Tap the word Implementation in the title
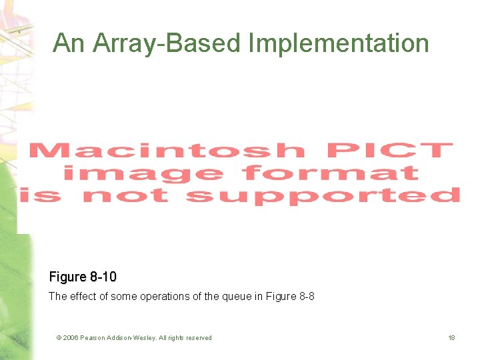click(339, 43)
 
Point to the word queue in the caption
click(234, 296)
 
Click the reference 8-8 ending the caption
click(305, 296)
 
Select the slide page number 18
click(451, 338)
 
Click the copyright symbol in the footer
click(59, 338)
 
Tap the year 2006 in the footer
click(71, 338)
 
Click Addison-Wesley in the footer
click(132, 338)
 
